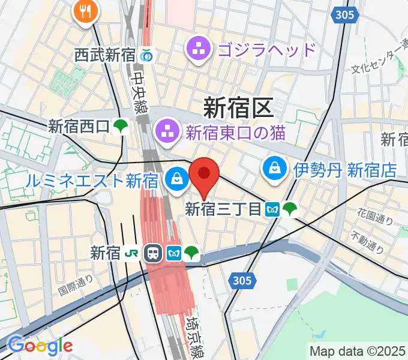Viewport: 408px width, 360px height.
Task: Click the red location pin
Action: [x=204, y=175]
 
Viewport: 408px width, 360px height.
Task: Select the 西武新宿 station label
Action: [x=105, y=55]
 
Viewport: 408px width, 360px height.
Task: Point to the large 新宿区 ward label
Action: [x=239, y=107]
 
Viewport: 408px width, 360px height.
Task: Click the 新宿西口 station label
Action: [x=79, y=126]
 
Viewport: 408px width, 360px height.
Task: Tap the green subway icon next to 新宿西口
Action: [x=122, y=126]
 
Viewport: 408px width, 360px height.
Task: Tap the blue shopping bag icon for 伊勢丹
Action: [x=274, y=170]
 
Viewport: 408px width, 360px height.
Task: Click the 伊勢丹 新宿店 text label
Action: [x=345, y=170]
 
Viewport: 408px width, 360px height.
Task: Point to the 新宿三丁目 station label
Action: [x=223, y=209]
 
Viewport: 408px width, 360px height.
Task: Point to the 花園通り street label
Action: [x=375, y=217]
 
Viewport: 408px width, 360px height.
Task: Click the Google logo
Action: [x=40, y=346]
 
